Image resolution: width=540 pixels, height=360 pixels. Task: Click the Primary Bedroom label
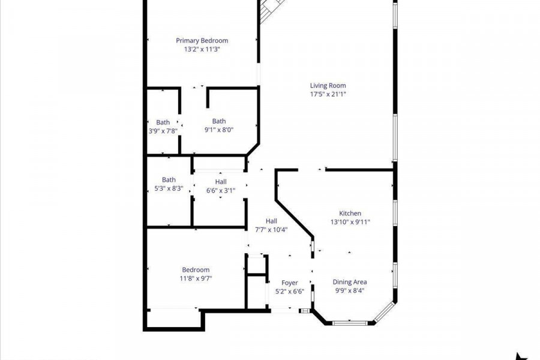pyautogui.click(x=202, y=41)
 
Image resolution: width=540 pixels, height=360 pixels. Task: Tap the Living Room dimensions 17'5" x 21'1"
pyautogui.click(x=328, y=94)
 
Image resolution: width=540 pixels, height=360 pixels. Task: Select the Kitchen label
pyautogui.click(x=350, y=214)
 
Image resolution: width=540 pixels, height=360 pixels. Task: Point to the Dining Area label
pyautogui.click(x=350, y=282)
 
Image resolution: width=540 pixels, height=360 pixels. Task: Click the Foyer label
pyautogui.click(x=289, y=283)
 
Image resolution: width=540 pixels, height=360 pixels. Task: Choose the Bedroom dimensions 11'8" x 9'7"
pyautogui.click(x=196, y=278)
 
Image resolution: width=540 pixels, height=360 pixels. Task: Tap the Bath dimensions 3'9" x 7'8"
pyautogui.click(x=163, y=131)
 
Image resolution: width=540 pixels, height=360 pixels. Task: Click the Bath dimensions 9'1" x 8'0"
pyautogui.click(x=219, y=130)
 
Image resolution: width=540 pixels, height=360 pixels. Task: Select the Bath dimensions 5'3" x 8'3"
pyautogui.click(x=169, y=189)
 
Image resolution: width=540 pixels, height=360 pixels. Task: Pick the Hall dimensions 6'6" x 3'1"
pyautogui.click(x=221, y=191)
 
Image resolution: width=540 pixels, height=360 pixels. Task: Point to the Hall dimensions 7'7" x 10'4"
pyautogui.click(x=271, y=230)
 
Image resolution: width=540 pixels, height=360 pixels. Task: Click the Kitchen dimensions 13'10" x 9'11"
pyautogui.click(x=350, y=222)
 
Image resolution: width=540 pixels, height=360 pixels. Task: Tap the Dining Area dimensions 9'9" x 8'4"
pyautogui.click(x=350, y=291)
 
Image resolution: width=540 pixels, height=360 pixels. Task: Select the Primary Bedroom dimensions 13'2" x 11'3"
pyautogui.click(x=202, y=49)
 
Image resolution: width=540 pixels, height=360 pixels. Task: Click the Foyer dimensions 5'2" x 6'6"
pyautogui.click(x=289, y=292)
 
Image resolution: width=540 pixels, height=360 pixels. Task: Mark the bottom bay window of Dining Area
pyautogui.click(x=350, y=323)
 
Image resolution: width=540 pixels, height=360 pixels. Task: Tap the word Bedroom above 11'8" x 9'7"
pyautogui.click(x=196, y=270)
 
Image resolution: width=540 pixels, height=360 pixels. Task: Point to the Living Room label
pyautogui.click(x=328, y=85)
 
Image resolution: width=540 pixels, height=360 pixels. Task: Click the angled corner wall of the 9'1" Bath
pyautogui.click(x=253, y=150)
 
